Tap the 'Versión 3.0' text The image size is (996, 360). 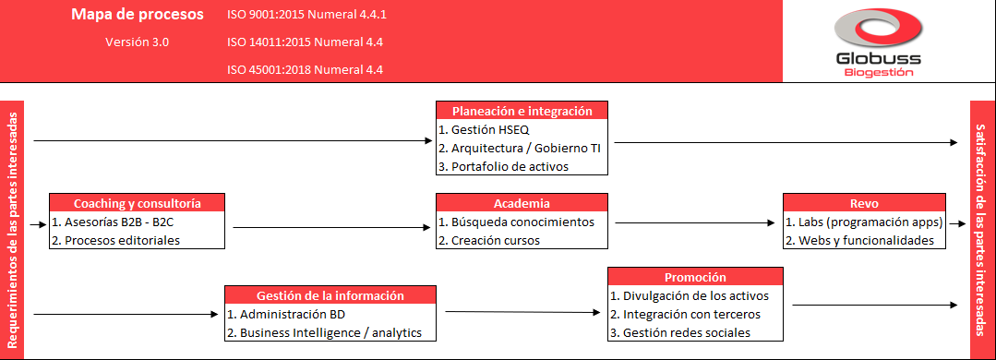point(137,42)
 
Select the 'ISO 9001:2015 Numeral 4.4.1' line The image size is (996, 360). point(306,16)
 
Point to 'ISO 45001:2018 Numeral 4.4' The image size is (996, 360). point(305,69)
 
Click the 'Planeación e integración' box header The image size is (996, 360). point(522,111)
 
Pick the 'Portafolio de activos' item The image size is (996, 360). point(503,166)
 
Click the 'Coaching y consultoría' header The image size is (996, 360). point(137,203)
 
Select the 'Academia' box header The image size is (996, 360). point(522,203)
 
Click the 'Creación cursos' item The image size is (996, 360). point(489,240)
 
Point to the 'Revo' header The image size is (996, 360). point(864,203)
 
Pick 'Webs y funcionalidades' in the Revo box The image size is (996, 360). point(859,240)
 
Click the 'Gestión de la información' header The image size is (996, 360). point(330,295)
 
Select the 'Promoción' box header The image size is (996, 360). point(695,277)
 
